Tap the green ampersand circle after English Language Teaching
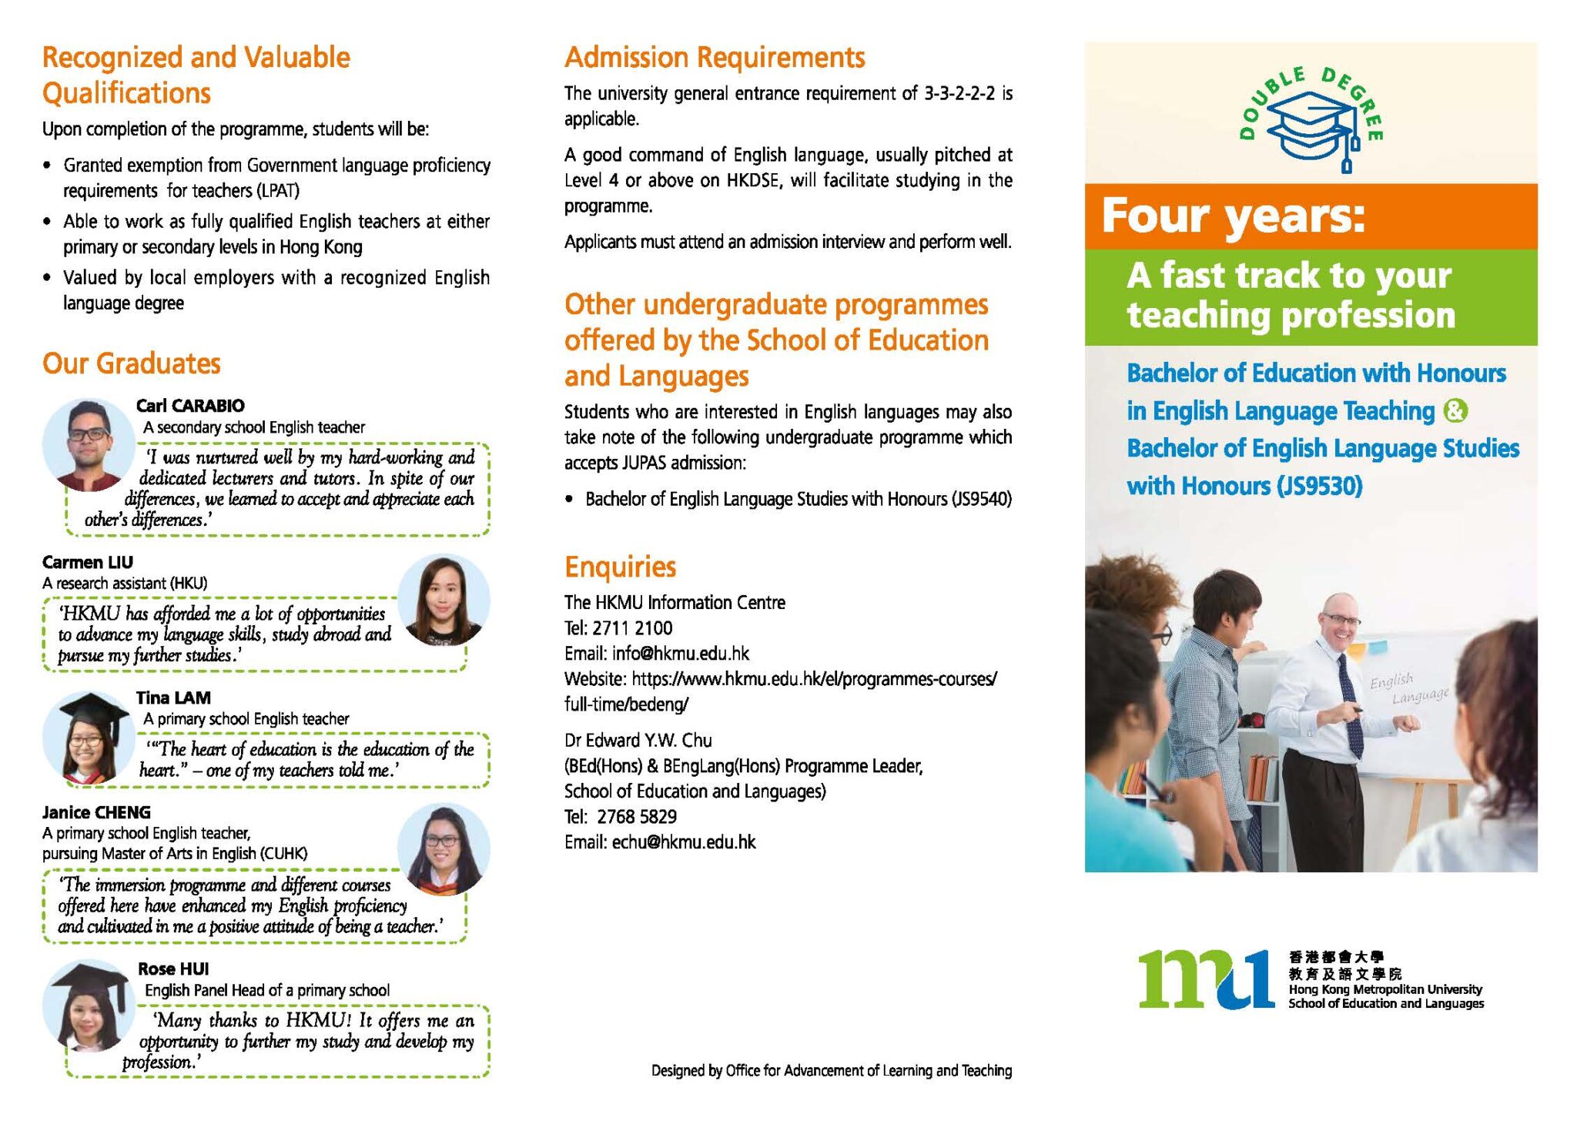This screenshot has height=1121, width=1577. pyautogui.click(x=1455, y=410)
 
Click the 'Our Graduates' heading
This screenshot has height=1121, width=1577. pyautogui.click(x=132, y=363)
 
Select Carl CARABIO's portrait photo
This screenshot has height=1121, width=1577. pyautogui.click(x=88, y=444)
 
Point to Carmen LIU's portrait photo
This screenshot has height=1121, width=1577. pyautogui.click(x=443, y=599)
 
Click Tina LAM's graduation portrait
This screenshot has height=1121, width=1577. pyautogui.click(x=88, y=738)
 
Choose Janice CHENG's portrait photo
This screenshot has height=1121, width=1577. pyautogui.click(x=443, y=848)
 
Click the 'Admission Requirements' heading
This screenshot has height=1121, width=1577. pyautogui.click(x=715, y=58)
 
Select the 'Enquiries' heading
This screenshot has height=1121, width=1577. pyautogui.click(x=620, y=567)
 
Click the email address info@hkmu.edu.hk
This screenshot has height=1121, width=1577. pyautogui.click(x=681, y=654)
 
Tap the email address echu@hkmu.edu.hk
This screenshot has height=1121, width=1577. pyautogui.click(x=684, y=842)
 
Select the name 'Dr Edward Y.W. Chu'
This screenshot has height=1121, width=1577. pyautogui.click(x=638, y=741)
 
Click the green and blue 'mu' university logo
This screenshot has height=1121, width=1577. pyautogui.click(x=1207, y=979)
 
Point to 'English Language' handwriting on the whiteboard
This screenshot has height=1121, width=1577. pyautogui.click(x=1408, y=688)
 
